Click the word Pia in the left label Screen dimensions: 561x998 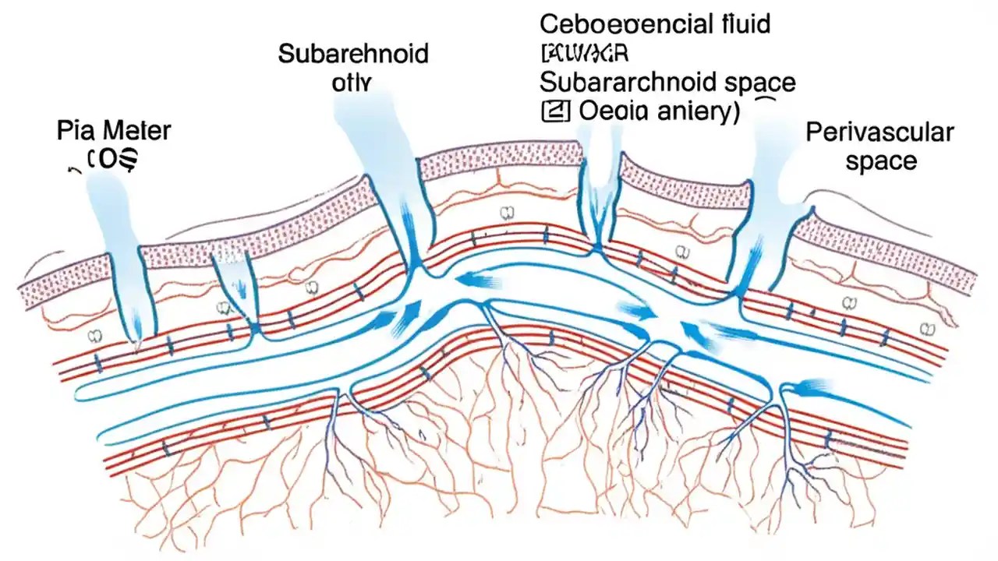click(x=74, y=131)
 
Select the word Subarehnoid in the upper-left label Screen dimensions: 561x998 click(x=352, y=54)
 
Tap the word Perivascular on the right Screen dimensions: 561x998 click(x=879, y=132)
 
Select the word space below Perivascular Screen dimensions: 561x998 click(x=881, y=161)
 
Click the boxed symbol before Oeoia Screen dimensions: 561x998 click(x=551, y=111)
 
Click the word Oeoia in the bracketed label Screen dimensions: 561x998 click(x=613, y=111)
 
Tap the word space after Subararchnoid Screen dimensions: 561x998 click(x=754, y=82)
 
